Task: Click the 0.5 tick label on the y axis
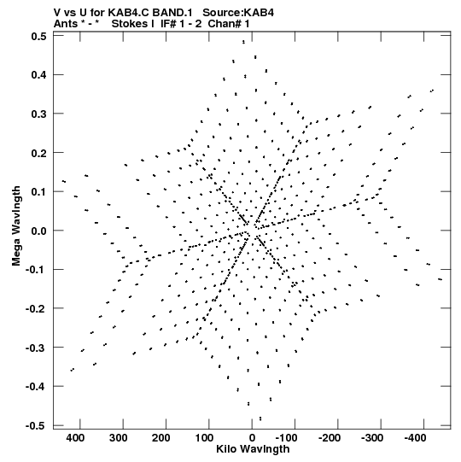point(39,36)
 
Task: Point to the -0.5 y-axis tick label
point(36,426)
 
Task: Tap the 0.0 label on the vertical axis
point(39,231)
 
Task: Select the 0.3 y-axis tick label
point(39,114)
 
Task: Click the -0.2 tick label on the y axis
point(36,309)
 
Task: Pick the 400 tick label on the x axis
point(75,438)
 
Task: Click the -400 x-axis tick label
point(416,438)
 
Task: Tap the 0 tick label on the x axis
point(252,438)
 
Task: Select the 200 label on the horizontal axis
point(160,438)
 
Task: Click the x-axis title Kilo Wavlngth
point(253,449)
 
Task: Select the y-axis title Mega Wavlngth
point(16,226)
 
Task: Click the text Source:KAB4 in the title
point(238,13)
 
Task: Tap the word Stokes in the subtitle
point(131,24)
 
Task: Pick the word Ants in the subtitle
point(65,24)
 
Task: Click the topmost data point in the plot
point(243,42)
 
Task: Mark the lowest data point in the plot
point(260,418)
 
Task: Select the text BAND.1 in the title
point(172,13)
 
